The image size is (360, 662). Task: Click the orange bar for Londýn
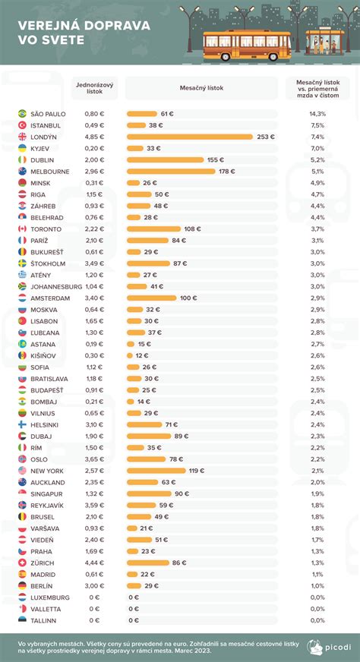tap(190, 137)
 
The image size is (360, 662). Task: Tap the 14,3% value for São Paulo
tap(317, 113)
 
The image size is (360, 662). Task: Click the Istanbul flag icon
tap(22, 125)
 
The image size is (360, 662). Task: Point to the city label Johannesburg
tap(57, 287)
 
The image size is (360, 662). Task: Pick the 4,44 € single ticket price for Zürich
tap(95, 563)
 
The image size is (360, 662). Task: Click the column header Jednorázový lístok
tap(95, 89)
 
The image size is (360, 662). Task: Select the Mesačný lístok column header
tap(201, 89)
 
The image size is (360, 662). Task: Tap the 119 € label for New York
tap(197, 471)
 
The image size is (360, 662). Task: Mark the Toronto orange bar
tap(154, 229)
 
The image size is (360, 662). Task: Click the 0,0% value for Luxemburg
tap(317, 597)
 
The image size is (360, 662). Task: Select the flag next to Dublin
tap(22, 159)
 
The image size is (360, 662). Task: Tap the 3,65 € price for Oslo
tap(95, 459)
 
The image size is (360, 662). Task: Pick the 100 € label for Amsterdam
tap(190, 298)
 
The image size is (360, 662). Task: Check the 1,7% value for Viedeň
tap(317, 540)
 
